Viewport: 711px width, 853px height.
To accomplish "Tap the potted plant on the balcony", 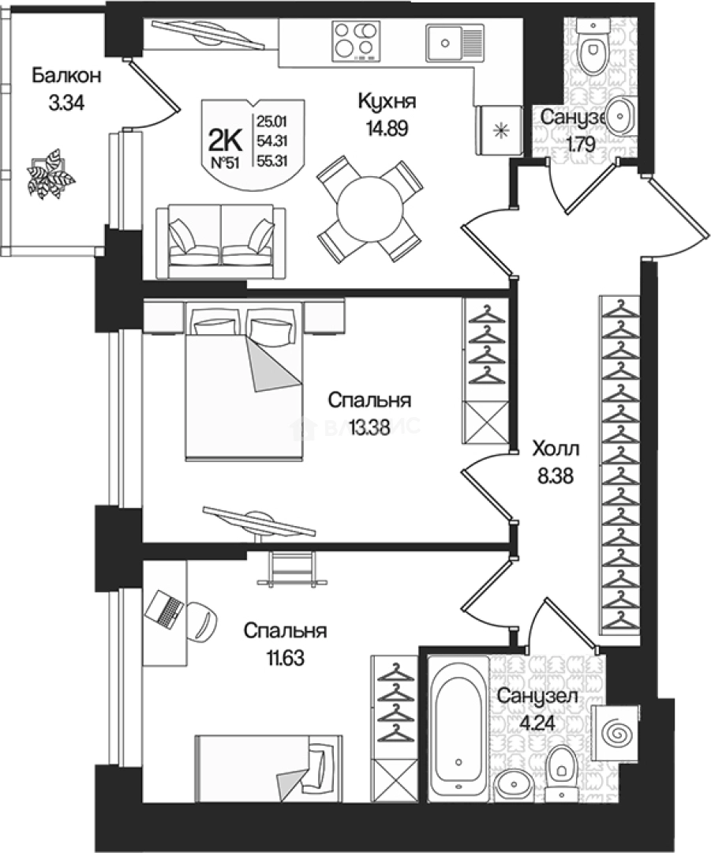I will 51,175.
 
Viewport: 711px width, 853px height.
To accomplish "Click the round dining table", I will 369,209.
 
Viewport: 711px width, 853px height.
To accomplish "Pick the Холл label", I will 556,450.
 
